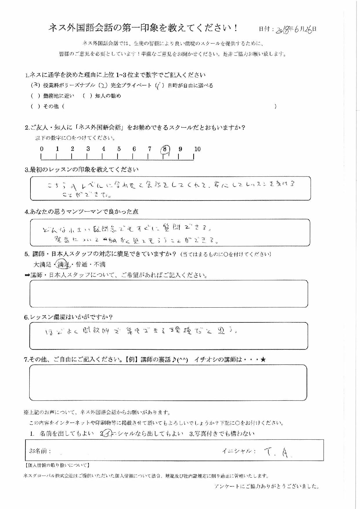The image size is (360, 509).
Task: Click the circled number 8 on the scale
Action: (x=165, y=149)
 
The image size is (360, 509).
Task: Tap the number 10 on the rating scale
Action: (x=197, y=149)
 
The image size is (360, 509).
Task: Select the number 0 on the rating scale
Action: (x=42, y=149)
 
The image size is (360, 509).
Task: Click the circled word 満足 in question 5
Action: (x=63, y=264)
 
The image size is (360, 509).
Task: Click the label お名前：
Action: (x=40, y=451)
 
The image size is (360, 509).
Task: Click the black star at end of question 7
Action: (x=263, y=360)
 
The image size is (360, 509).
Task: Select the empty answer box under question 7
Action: (x=168, y=383)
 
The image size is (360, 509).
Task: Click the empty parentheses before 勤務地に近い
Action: (x=35, y=96)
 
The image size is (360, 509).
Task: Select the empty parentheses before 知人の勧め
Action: (x=87, y=96)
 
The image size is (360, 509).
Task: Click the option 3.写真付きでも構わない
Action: (x=222, y=434)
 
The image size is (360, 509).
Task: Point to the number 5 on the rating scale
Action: (x=119, y=149)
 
